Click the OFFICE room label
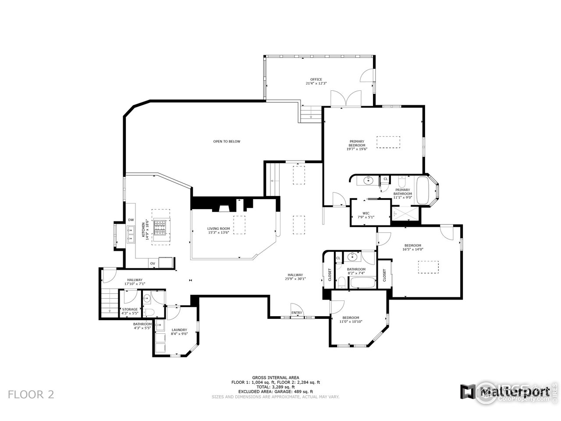(x=316, y=79)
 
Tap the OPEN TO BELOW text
(x=227, y=142)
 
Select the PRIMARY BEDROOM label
(x=356, y=143)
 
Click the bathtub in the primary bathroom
(x=424, y=190)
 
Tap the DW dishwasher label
(x=131, y=220)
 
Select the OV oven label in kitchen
(x=153, y=264)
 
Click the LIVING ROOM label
(x=219, y=228)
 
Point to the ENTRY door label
(x=297, y=313)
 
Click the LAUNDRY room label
(x=179, y=330)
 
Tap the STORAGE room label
(x=130, y=309)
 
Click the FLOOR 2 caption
(x=31, y=394)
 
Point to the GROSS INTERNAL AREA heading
(x=275, y=378)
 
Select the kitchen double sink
(x=131, y=234)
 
